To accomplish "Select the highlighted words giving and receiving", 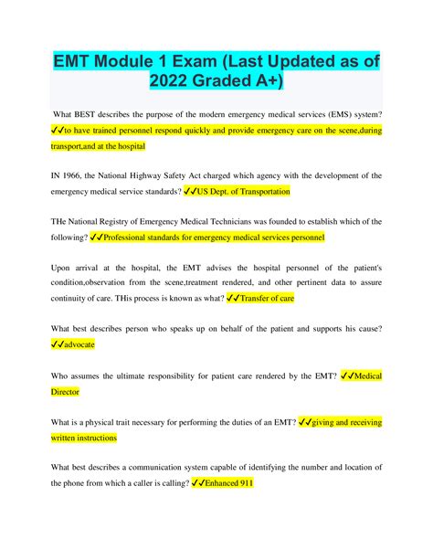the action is (344, 421).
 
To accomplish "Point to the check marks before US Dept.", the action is (191, 192).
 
